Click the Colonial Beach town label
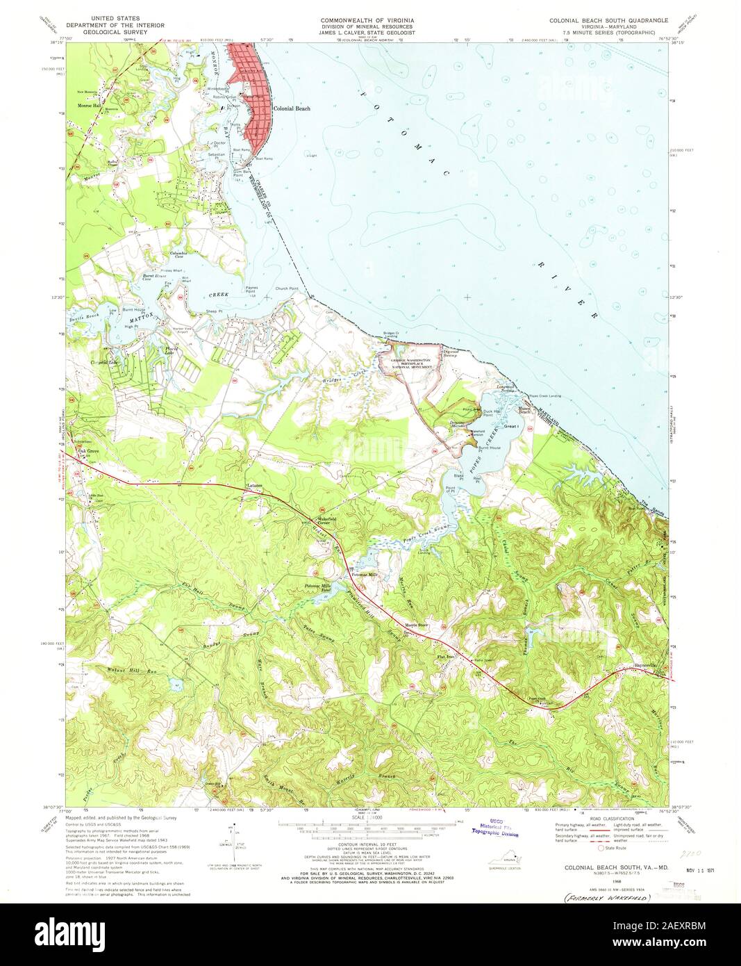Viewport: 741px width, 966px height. (291, 109)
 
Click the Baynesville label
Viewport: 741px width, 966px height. (645, 666)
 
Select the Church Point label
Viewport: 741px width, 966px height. (285, 288)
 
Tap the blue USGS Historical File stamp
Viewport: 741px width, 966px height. (496, 827)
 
